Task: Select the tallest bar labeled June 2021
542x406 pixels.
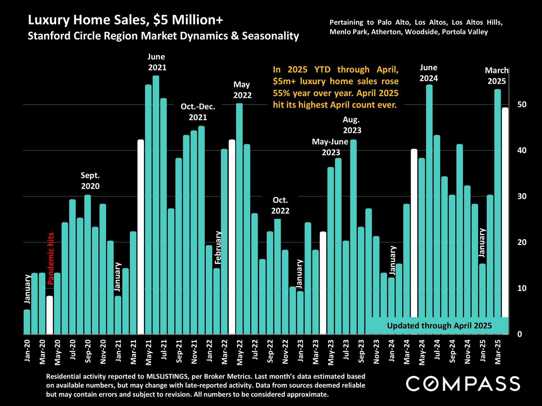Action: [x=156, y=204]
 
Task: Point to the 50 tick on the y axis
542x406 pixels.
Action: [x=522, y=105]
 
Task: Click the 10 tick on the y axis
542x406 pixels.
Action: [x=522, y=288]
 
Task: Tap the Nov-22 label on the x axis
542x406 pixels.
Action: [x=285, y=351]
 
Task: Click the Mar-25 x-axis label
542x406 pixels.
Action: [x=498, y=351]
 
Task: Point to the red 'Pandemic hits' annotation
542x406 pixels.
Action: [x=51, y=258]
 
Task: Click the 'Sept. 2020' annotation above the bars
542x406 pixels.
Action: [x=90, y=181]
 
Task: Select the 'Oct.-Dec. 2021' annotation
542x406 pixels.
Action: [x=198, y=112]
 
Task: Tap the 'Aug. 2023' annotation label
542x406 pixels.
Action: [x=352, y=125]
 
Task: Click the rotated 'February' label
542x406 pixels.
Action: [x=218, y=247]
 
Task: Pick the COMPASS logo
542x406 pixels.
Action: [x=463, y=384]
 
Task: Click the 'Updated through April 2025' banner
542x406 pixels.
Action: [x=439, y=326]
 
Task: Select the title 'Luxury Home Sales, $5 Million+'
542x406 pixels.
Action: [x=125, y=20]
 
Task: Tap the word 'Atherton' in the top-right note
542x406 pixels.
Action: [x=384, y=32]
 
